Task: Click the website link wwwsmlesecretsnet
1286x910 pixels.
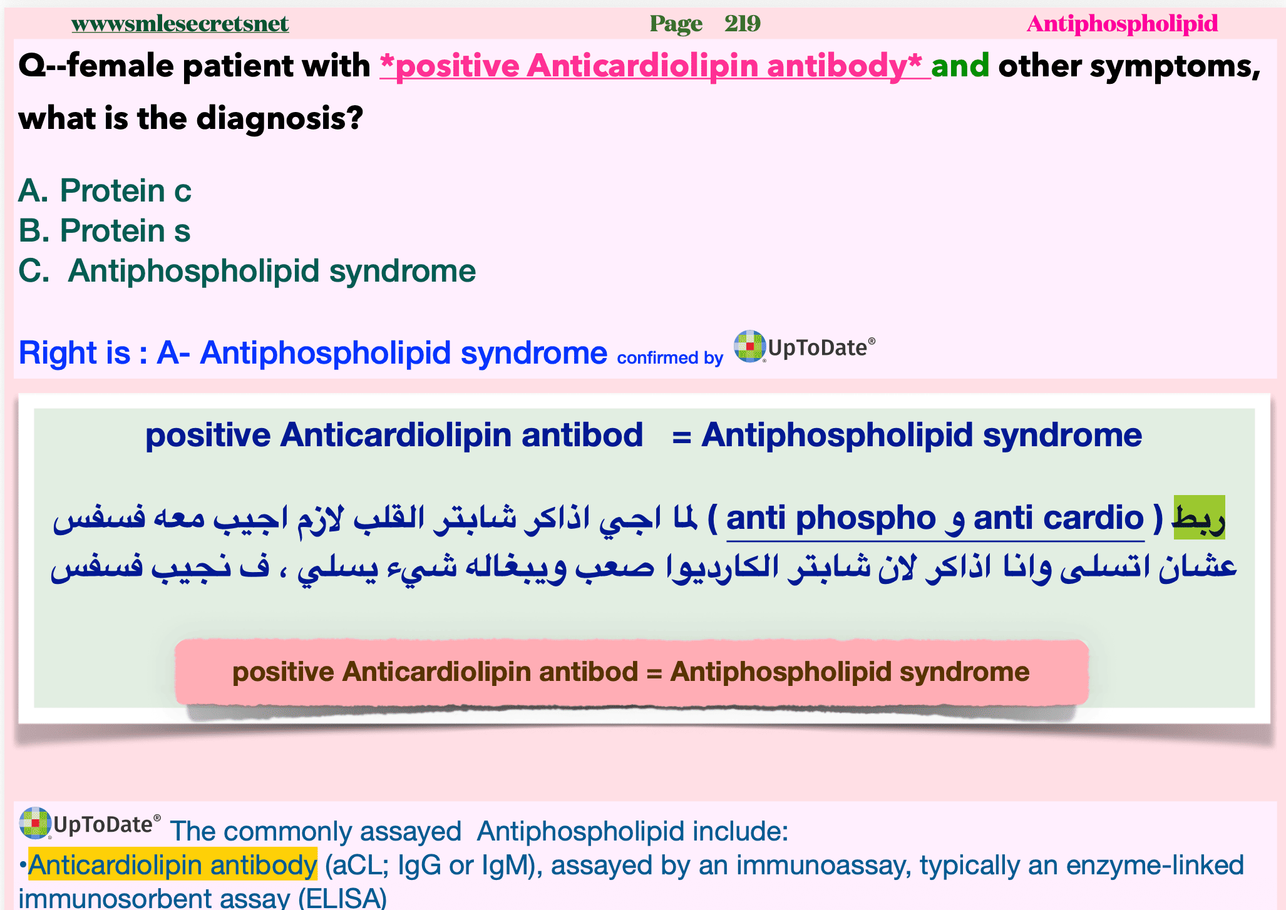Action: tap(180, 24)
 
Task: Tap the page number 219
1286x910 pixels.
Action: tap(743, 24)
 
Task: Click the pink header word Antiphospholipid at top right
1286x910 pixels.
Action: tap(1122, 24)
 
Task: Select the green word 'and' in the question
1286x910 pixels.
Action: tap(960, 66)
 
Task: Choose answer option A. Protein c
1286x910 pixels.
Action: tap(105, 190)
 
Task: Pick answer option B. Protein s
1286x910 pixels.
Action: tap(104, 230)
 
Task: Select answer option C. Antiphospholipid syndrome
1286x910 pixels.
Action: tap(247, 271)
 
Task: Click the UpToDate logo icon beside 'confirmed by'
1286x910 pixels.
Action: tap(749, 346)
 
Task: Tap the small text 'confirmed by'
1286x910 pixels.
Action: tap(670, 357)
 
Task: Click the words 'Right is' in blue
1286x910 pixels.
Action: tap(75, 352)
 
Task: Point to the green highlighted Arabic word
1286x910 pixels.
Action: tap(1199, 518)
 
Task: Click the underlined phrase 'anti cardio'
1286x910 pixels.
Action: tap(1058, 518)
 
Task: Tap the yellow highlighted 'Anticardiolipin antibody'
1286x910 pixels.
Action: tap(173, 865)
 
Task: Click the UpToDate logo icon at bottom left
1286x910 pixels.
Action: tap(34, 822)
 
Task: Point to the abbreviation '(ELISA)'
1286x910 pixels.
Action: tap(342, 898)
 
